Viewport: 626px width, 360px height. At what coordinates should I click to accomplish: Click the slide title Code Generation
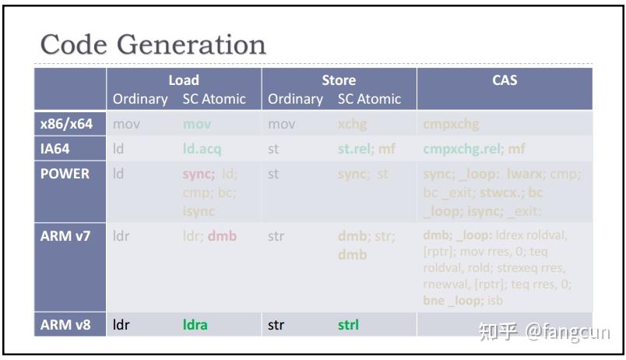pos(153,44)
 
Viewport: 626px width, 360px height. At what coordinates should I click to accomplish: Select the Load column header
pos(184,79)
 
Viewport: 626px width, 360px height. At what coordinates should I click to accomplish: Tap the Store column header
pos(339,79)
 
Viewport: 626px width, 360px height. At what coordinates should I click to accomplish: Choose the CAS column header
pos(505,79)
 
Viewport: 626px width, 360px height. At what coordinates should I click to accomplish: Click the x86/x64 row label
pos(66,124)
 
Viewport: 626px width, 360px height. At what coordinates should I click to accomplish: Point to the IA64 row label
pos(55,149)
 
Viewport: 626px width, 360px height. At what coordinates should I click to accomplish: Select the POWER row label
pos(65,174)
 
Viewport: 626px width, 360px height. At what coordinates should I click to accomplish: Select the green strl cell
pos(348,325)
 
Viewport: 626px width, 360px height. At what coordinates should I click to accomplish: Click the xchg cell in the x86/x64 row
pos(352,124)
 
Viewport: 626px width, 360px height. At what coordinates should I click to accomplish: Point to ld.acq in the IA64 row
pos(202,149)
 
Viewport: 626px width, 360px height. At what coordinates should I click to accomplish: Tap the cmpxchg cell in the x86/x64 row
pos(451,124)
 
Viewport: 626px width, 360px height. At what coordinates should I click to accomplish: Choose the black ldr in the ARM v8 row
pos(121,325)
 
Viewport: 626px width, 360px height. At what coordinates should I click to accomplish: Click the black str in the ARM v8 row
pos(276,325)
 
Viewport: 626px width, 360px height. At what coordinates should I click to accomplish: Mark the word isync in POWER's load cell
pos(199,211)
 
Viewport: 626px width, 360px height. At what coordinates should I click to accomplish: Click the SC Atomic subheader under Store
pos(369,99)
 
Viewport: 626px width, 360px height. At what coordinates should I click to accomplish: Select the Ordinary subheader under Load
pos(140,99)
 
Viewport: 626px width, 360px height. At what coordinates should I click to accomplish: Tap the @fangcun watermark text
pos(567,332)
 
